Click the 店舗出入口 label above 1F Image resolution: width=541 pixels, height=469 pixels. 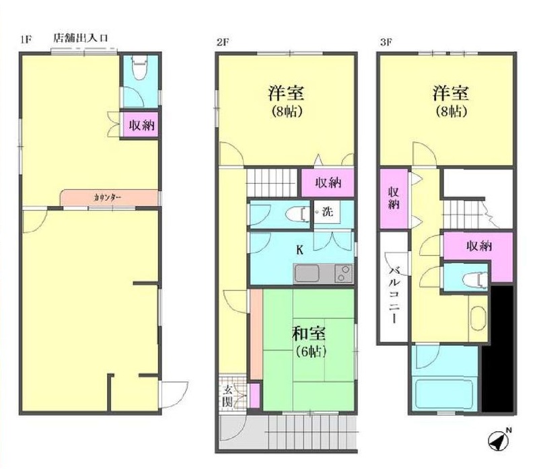81,38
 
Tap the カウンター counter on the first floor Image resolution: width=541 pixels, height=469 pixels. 110,198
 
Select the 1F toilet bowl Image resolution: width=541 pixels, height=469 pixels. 140,68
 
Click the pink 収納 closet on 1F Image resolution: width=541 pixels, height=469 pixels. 141,125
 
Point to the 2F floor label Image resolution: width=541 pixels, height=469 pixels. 223,42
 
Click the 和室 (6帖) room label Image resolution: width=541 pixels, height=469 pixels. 309,342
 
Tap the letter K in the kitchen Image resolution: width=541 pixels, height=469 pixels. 300,250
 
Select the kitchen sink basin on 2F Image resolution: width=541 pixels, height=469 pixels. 307,274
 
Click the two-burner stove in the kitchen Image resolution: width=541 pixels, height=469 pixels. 343,274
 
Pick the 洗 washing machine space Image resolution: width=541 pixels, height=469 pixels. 327,211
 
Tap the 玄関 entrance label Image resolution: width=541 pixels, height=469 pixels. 227,396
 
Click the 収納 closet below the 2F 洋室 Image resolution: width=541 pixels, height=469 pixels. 328,182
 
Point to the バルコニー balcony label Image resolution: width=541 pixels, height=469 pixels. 393,295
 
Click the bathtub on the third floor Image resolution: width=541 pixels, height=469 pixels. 443,394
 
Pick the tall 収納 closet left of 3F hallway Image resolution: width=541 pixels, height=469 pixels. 394,199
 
